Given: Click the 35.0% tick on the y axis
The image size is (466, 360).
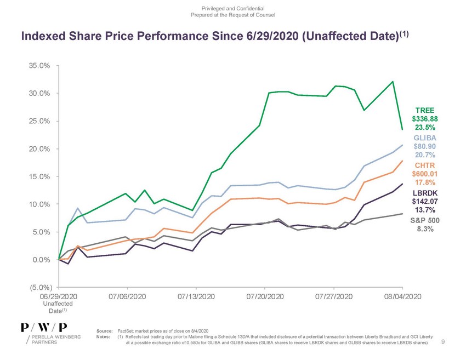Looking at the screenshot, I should pyautogui.click(x=40, y=65).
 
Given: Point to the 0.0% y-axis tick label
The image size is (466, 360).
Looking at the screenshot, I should pyautogui.click(x=42, y=260).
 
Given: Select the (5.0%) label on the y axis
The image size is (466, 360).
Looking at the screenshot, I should pyautogui.click(x=40, y=288).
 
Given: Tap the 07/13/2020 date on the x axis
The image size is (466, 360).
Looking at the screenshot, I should pyautogui.click(x=196, y=296).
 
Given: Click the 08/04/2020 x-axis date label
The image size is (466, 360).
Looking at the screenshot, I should pyautogui.click(x=402, y=296).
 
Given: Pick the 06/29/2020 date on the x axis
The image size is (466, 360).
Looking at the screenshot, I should pyautogui.click(x=59, y=296).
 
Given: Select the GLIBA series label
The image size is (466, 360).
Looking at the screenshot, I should pyautogui.click(x=425, y=138).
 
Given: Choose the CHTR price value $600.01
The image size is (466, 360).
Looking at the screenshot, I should pyautogui.click(x=425, y=174).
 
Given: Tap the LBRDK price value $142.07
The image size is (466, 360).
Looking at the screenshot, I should pyautogui.click(x=425, y=201).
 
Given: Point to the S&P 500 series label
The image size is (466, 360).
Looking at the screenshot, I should pyautogui.click(x=425, y=221).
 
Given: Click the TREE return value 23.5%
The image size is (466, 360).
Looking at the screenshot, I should pyautogui.click(x=425, y=127).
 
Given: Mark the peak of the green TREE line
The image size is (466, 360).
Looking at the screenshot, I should pyautogui.click(x=393, y=82).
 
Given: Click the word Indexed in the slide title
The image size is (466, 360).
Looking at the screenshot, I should pyautogui.click(x=44, y=36).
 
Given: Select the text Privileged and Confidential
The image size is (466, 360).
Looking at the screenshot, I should pyautogui.click(x=233, y=8).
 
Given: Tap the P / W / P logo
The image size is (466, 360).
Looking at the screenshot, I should pyautogui.click(x=44, y=327).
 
